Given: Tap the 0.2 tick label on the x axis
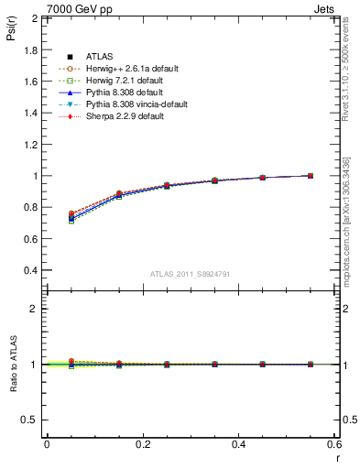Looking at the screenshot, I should coord(143,444).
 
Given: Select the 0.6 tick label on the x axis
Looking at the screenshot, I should coord(335,444).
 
